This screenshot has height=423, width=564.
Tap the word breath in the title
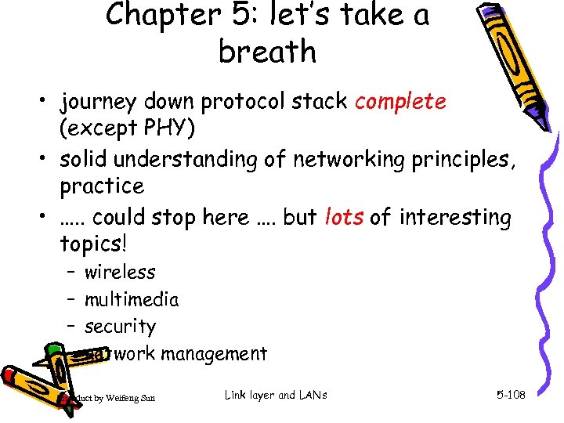[x=267, y=52]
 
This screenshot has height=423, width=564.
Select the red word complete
[x=400, y=102]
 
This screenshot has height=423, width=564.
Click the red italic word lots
[x=344, y=217]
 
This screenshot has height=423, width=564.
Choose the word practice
[x=102, y=186]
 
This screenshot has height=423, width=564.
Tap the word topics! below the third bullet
[x=92, y=244]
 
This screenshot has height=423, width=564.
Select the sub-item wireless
[x=120, y=273]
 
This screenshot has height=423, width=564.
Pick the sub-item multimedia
[x=132, y=300]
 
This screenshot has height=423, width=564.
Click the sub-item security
[x=120, y=327]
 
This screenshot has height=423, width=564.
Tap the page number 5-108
[x=511, y=395]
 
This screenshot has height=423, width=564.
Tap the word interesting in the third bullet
[x=454, y=217]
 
